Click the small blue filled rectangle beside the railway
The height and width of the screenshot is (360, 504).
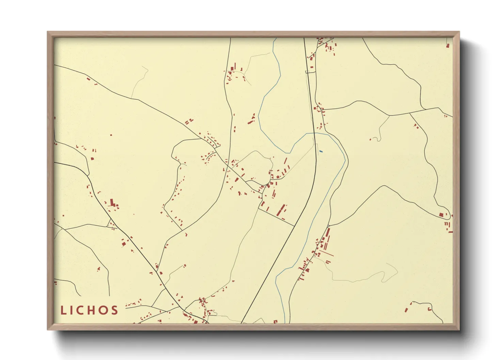[321, 151]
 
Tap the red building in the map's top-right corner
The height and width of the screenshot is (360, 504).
[448, 45]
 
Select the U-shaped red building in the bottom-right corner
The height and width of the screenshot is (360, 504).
[430, 309]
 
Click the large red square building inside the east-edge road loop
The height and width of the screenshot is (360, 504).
[441, 215]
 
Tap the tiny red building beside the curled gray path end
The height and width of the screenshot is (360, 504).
[371, 139]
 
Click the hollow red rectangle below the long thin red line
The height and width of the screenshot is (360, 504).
[328, 262]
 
